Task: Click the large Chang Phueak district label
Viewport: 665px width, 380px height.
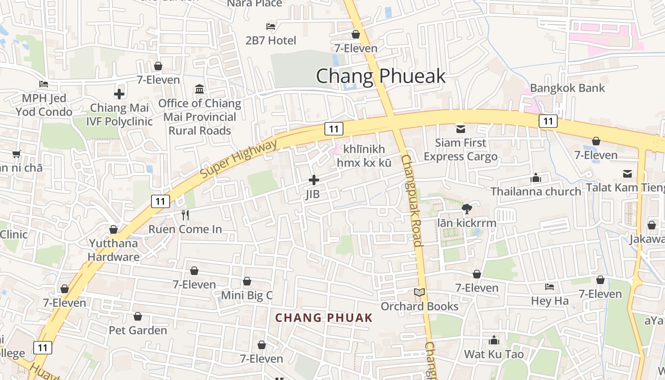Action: click(x=380, y=76)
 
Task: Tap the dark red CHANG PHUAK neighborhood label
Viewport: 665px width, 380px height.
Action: click(x=324, y=318)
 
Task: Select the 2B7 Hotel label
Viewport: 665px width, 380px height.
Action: click(x=271, y=40)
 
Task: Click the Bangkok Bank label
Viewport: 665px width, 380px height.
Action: click(x=567, y=88)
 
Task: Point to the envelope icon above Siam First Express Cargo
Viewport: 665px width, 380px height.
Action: click(x=460, y=129)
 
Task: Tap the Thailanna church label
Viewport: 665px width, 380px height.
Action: click(x=536, y=191)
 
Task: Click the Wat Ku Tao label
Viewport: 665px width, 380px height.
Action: click(x=494, y=354)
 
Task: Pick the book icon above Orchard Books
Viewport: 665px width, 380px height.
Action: click(x=419, y=293)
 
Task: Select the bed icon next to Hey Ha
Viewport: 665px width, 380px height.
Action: click(x=550, y=287)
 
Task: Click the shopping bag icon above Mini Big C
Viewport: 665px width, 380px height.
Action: click(x=247, y=282)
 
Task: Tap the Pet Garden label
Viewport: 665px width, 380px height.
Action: click(x=138, y=330)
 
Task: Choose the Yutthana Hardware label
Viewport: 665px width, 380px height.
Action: click(x=113, y=250)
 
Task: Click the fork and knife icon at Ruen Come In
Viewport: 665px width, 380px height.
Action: click(x=185, y=215)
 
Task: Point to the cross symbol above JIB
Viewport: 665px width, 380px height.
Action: click(x=313, y=180)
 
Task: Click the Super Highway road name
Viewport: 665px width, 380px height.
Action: click(x=238, y=159)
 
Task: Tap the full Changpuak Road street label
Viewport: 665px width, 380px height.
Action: click(x=411, y=200)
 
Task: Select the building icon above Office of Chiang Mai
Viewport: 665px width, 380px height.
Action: click(x=199, y=89)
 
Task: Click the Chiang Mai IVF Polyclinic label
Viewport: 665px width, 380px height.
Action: click(x=119, y=114)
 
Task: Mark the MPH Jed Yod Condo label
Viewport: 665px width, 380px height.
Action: click(x=44, y=105)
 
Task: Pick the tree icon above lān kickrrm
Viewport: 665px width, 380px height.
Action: click(x=466, y=209)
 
